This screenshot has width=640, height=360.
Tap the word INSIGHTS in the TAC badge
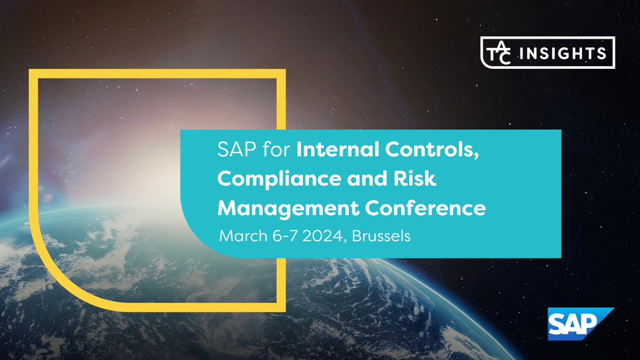571,53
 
